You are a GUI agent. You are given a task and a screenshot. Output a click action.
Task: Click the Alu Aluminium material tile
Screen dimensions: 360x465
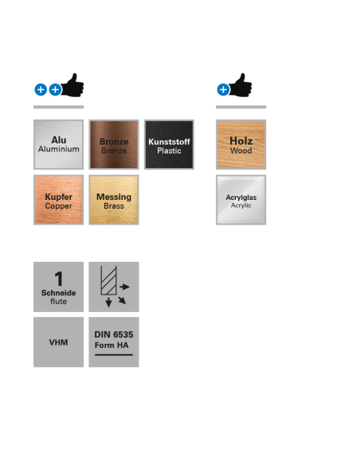pyautogui.click(x=58, y=144)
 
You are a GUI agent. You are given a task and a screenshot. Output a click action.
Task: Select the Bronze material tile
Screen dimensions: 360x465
pyautogui.click(x=114, y=144)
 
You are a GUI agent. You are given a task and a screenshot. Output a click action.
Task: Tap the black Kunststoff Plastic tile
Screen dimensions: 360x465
pyautogui.click(x=169, y=144)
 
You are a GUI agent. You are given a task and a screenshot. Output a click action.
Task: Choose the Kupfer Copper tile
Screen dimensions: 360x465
pyautogui.click(x=58, y=200)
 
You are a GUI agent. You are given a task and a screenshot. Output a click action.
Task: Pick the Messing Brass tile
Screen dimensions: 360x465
pyautogui.click(x=114, y=200)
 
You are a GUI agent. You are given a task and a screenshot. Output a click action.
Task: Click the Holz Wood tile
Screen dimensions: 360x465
pyautogui.click(x=241, y=144)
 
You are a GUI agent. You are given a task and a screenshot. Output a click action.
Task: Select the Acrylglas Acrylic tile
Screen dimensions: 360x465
pyautogui.click(x=241, y=200)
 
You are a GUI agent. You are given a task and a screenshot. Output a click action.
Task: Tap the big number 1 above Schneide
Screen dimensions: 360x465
pyautogui.click(x=59, y=279)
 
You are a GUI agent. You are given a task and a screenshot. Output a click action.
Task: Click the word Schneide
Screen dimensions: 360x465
pyautogui.click(x=58, y=293)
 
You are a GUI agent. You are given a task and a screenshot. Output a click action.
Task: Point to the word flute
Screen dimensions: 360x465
pyautogui.click(x=58, y=301)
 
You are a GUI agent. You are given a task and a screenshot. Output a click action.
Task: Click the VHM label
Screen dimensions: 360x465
pyautogui.click(x=58, y=342)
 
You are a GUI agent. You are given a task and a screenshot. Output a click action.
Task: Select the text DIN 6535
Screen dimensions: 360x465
pyautogui.click(x=114, y=334)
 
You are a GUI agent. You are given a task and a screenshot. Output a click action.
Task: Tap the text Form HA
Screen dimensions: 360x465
pyautogui.click(x=112, y=346)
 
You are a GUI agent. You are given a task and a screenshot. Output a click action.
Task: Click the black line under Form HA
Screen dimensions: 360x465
pyautogui.click(x=114, y=354)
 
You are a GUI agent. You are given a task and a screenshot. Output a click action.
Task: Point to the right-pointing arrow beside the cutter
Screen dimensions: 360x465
pyautogui.click(x=124, y=287)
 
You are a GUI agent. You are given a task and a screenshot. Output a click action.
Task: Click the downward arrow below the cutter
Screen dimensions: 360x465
pyautogui.click(x=108, y=302)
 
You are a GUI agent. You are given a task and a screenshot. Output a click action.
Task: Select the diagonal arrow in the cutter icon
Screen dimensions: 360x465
pyautogui.click(x=122, y=300)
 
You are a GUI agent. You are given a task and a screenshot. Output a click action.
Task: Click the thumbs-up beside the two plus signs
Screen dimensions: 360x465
pyautogui.click(x=72, y=85)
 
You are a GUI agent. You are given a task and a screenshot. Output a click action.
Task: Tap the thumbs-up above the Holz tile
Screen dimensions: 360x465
pyautogui.click(x=241, y=85)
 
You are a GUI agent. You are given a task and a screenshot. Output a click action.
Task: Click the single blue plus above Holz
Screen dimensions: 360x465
pyautogui.click(x=223, y=89)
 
